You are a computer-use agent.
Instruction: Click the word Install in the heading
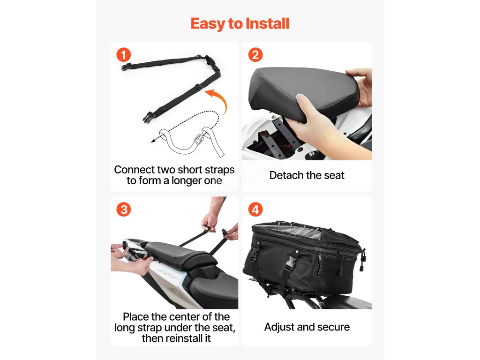pyautogui.click(x=267, y=23)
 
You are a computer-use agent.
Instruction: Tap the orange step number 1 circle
pyautogui.click(x=124, y=55)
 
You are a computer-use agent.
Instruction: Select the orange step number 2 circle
pyautogui.click(x=255, y=55)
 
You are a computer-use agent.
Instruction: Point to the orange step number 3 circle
pyautogui.click(x=124, y=210)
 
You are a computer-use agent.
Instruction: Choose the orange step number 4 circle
pyautogui.click(x=255, y=210)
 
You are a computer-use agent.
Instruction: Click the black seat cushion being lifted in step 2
pyautogui.click(x=303, y=92)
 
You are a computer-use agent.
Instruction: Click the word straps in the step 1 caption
pyautogui.click(x=219, y=170)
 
